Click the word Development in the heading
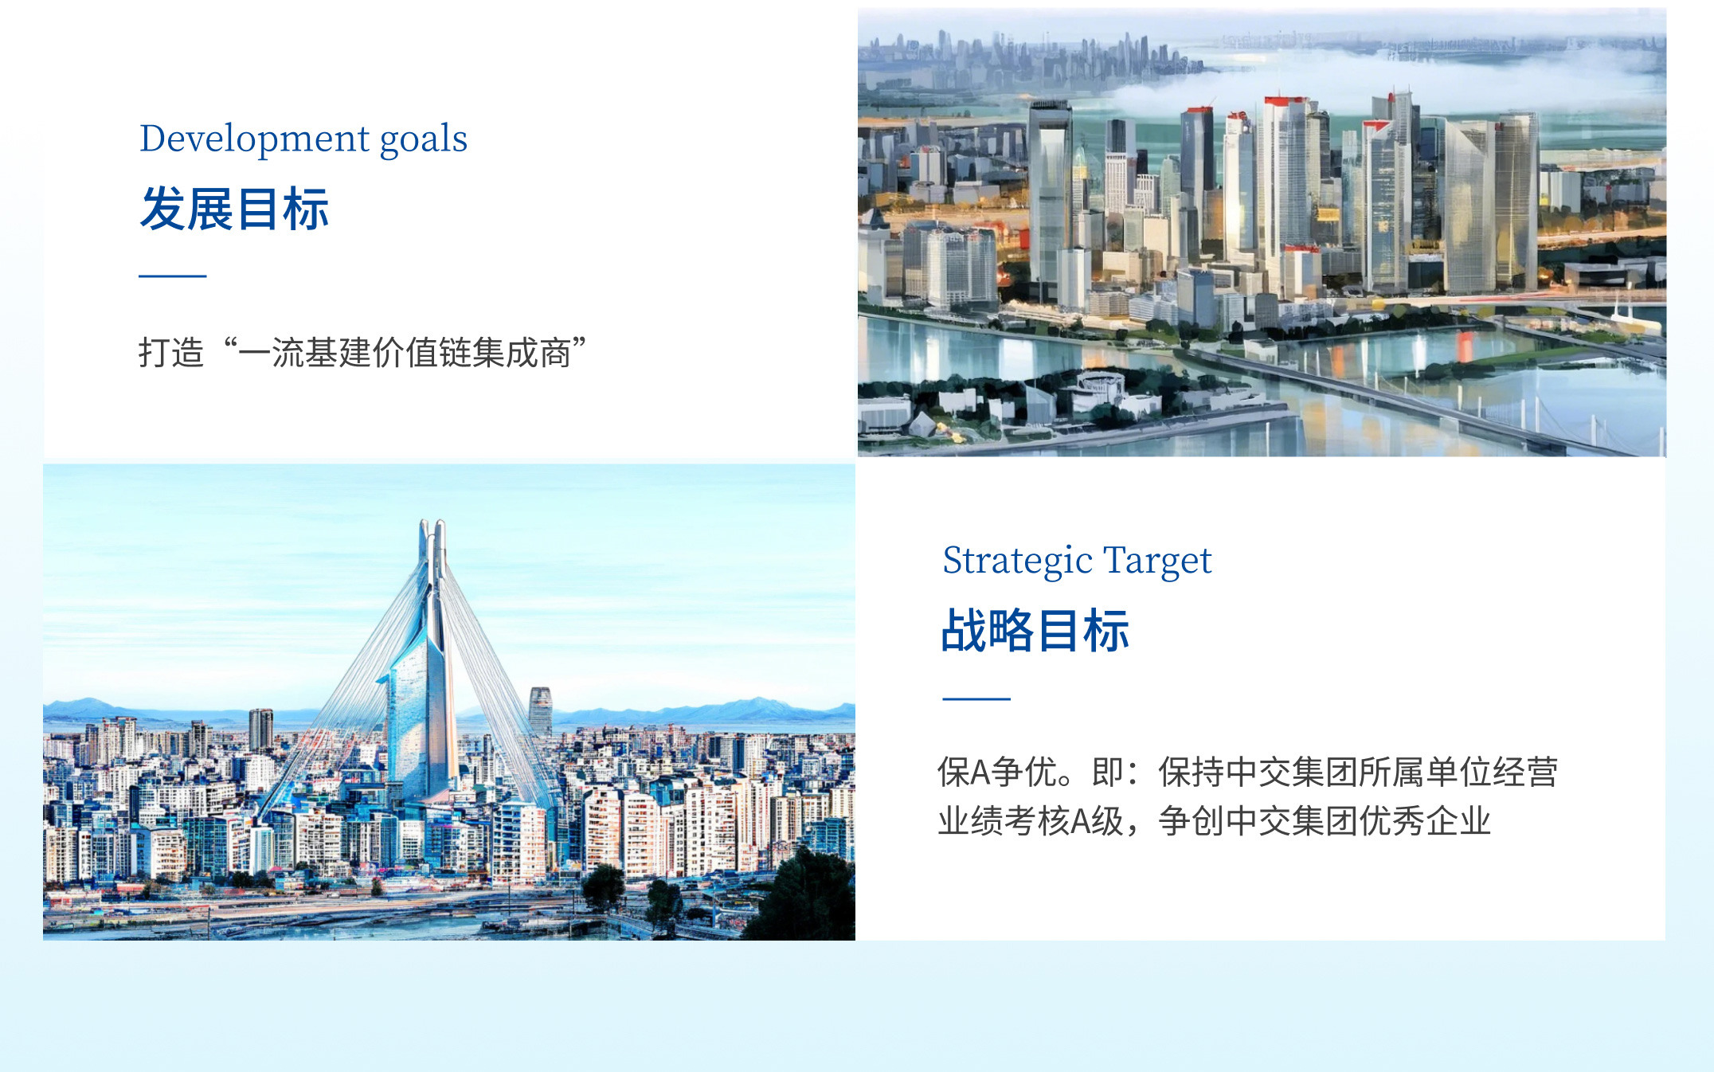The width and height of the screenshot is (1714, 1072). (x=254, y=139)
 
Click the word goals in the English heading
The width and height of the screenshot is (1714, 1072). (x=424, y=140)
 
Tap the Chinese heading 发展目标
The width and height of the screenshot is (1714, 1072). (x=234, y=209)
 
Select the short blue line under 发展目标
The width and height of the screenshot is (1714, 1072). (x=173, y=276)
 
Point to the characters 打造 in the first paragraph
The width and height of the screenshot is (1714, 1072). (x=171, y=352)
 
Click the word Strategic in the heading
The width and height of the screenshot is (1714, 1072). (x=1018, y=561)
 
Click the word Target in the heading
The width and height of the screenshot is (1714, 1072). (x=1157, y=561)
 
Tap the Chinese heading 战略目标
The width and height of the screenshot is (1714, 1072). (x=1035, y=631)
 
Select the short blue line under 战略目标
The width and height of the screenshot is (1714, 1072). (x=976, y=698)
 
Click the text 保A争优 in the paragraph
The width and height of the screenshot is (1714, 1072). (x=1003, y=772)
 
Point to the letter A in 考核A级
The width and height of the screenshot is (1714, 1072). (x=1081, y=821)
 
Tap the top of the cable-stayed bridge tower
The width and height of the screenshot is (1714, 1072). (x=432, y=526)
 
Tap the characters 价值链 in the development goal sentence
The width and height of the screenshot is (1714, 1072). (x=421, y=352)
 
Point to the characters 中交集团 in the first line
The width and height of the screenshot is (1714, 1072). (x=1292, y=772)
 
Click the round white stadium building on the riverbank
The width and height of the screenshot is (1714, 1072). (x=1100, y=385)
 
